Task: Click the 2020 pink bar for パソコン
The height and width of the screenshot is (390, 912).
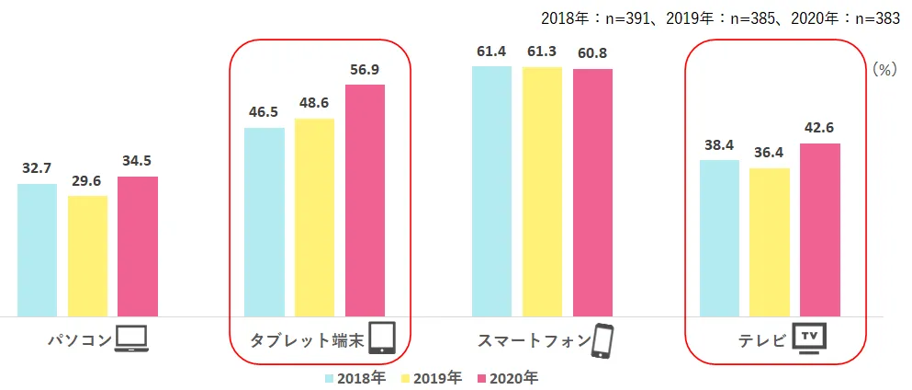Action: point(138,247)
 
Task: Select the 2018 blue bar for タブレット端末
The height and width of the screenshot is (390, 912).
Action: point(265,222)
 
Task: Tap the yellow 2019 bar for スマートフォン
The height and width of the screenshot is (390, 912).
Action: point(542,191)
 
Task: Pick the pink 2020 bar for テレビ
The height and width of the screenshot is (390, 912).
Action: point(820,230)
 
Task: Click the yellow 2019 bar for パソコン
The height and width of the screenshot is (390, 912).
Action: point(88,256)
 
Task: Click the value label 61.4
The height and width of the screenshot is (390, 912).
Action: point(492,52)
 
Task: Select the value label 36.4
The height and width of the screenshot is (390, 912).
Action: point(770,154)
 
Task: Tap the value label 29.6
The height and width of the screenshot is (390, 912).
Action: point(88,181)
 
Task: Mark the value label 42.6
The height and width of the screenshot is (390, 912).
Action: point(820,129)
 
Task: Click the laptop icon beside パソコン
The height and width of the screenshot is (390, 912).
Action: point(131,340)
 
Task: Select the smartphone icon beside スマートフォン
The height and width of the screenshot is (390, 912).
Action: point(602,339)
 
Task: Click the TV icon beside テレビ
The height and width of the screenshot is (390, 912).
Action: point(809,338)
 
